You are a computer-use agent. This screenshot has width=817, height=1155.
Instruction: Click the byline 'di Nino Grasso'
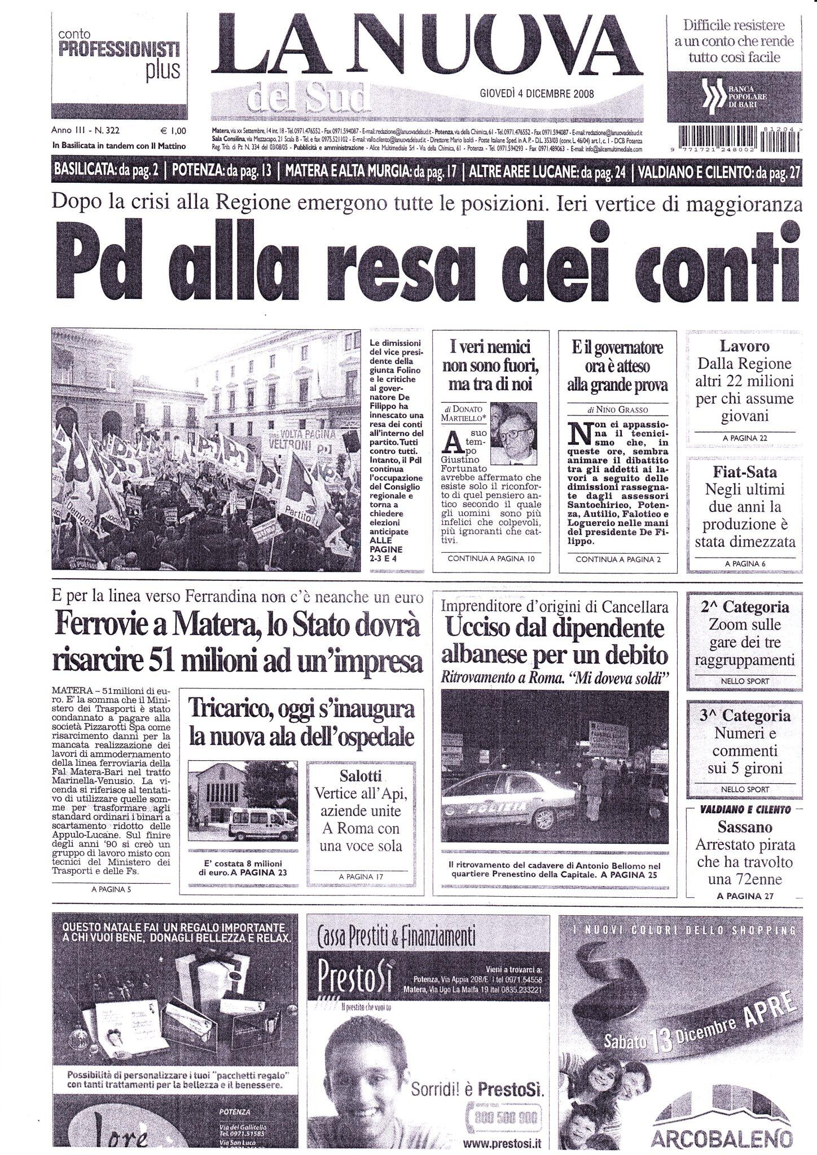pos(617,409)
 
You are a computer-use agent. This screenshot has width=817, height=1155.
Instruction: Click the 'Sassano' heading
pos(744,827)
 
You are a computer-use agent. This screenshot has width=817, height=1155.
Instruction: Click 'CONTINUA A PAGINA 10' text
pos(490,559)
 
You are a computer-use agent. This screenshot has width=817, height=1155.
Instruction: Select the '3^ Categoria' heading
pos(745,716)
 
